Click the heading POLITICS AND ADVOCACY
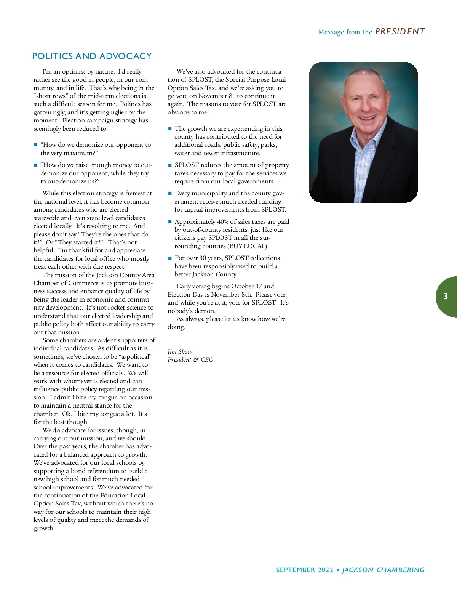(x=92, y=56)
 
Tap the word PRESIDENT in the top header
(x=400, y=32)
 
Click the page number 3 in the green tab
(x=446, y=297)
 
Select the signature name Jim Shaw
(x=180, y=351)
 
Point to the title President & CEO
(x=190, y=360)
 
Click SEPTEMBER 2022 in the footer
(x=305, y=570)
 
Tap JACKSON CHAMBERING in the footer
(x=383, y=570)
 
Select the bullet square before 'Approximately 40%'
(x=170, y=222)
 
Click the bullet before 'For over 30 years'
(x=170, y=258)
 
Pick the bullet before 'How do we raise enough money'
(x=35, y=165)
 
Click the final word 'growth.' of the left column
(x=44, y=528)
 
